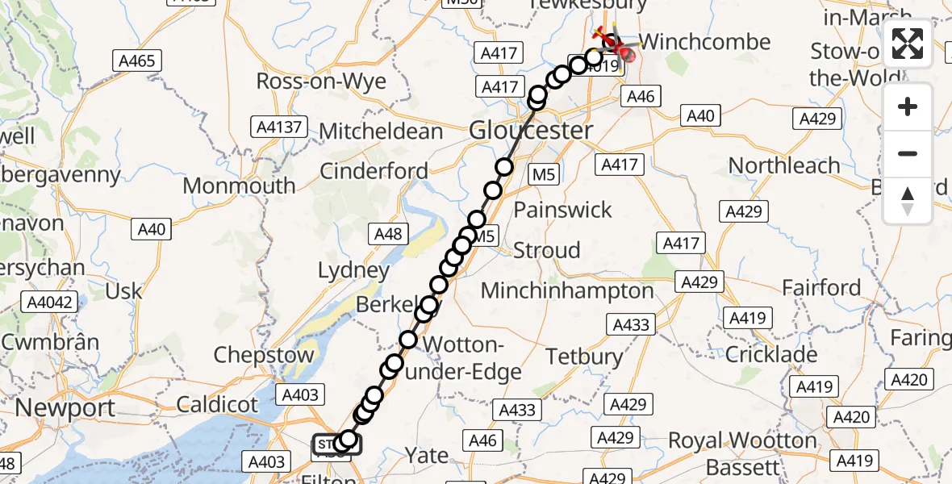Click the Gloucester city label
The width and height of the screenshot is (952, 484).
[x=531, y=130]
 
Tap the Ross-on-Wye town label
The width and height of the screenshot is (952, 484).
[x=321, y=81]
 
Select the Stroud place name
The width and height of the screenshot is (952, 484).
[x=546, y=250]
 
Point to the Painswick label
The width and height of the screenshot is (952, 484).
[x=563, y=210]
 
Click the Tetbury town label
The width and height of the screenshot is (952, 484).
[x=584, y=356]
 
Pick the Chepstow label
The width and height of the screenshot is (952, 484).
[x=264, y=355]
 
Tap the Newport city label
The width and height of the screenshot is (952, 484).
[x=65, y=407]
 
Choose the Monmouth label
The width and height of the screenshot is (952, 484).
[x=239, y=186]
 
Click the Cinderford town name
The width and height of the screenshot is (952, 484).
[x=374, y=171]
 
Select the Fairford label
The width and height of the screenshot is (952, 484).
[x=822, y=288]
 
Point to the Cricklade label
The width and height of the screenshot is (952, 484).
[x=771, y=354]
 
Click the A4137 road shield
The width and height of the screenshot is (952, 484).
[x=280, y=127]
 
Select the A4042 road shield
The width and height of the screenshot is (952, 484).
[x=50, y=303]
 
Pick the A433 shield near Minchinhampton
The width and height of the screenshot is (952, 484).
[x=631, y=324]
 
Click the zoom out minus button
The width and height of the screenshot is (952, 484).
[x=908, y=153]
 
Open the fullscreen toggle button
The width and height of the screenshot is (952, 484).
[x=908, y=44]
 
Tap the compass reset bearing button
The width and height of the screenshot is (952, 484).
[x=908, y=200]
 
